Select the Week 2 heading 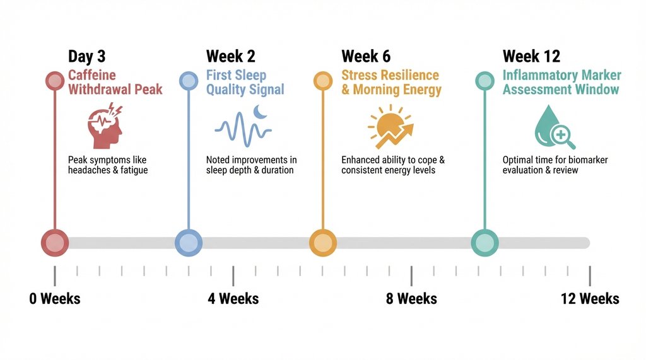pos(231,57)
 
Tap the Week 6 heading pos(365,57)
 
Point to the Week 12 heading pos(531,57)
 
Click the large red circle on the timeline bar pos(55,243)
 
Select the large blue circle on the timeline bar pos(188,243)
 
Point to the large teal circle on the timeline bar pos(484,243)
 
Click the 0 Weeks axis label pos(55,298)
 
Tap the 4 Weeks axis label pos(233,298)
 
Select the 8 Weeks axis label pos(411,298)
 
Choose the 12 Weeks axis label pos(590,298)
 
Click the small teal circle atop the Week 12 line pos(484,81)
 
